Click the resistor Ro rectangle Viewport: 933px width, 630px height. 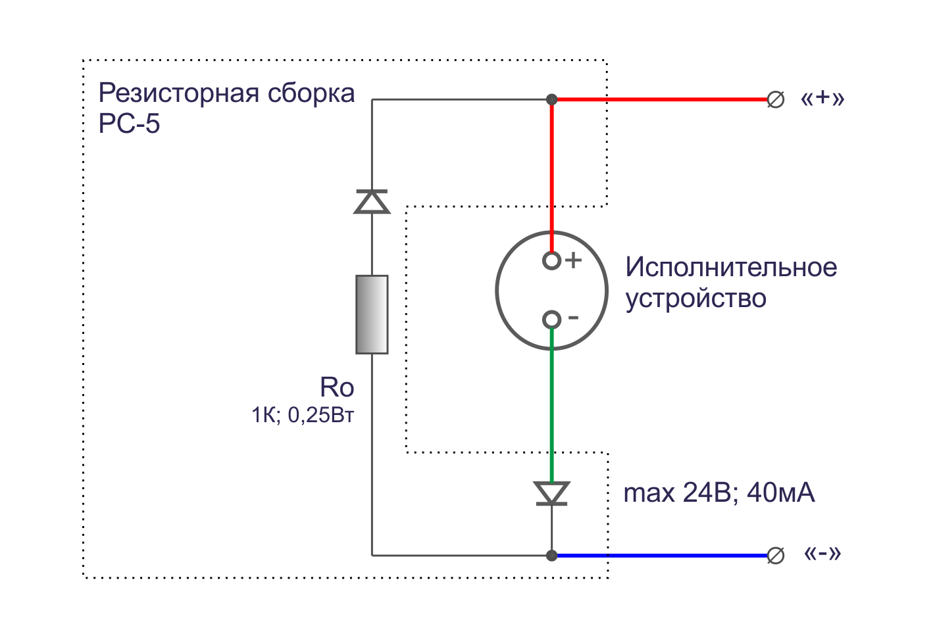click(x=372, y=314)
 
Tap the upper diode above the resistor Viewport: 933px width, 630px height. click(x=372, y=201)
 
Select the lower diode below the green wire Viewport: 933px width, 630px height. click(x=551, y=493)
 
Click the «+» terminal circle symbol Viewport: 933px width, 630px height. click(x=776, y=100)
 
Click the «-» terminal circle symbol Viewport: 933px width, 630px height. click(x=776, y=556)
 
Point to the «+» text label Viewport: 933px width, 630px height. click(x=822, y=99)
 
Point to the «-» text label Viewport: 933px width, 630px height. click(x=822, y=554)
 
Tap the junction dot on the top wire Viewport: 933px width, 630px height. click(x=552, y=99)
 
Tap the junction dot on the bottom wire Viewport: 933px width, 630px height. click(x=552, y=556)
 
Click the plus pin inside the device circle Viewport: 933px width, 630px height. click(x=551, y=261)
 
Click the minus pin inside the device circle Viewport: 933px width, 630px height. click(x=551, y=320)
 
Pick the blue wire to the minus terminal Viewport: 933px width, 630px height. click(x=658, y=556)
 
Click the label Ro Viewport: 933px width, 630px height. click(x=337, y=387)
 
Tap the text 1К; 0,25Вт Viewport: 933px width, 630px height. click(x=303, y=416)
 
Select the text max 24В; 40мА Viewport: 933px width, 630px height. click(x=719, y=493)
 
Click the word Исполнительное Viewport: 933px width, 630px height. click(x=731, y=268)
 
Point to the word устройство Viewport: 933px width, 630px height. click(x=695, y=299)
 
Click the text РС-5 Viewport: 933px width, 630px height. click(x=129, y=124)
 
